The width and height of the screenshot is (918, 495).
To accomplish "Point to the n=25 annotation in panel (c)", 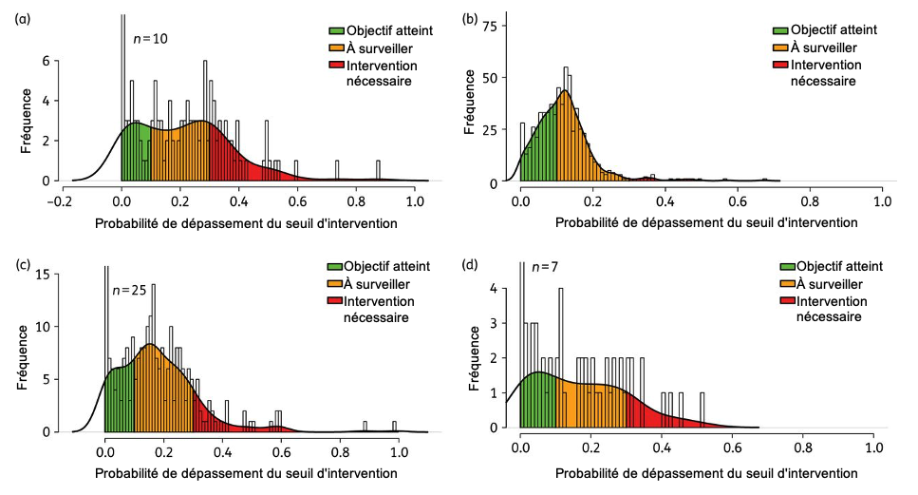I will pyautogui.click(x=131, y=290).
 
